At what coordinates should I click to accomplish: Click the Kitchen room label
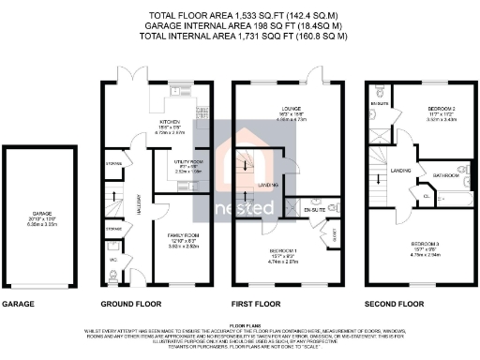click(170, 123)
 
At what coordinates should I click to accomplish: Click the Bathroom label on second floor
click(444, 174)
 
